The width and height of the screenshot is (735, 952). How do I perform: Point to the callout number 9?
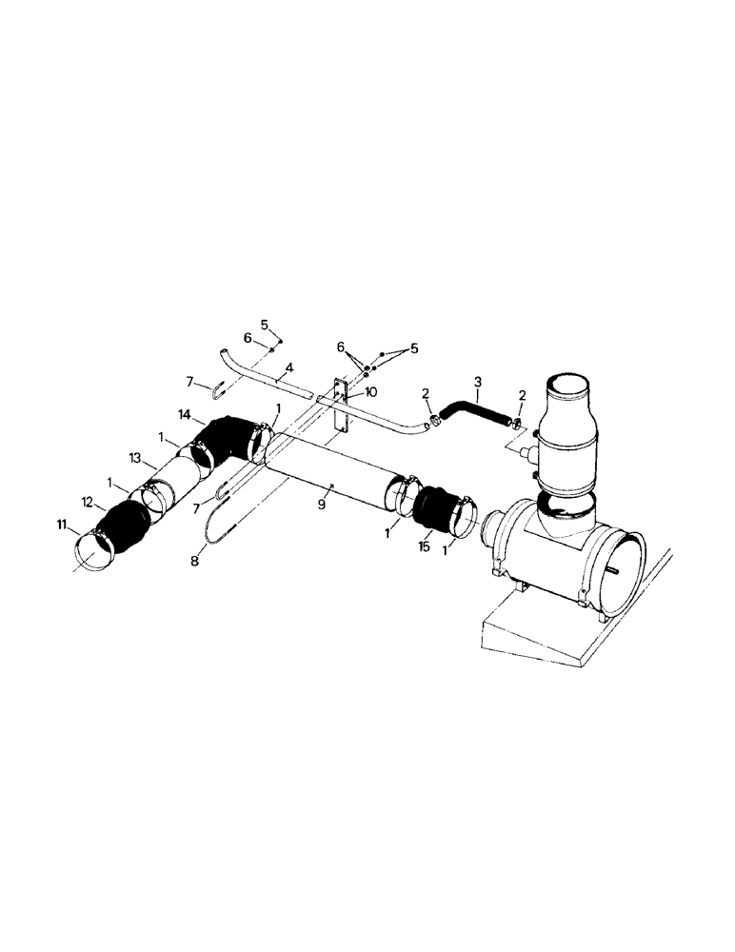[322, 505]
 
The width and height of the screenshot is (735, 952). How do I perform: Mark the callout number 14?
[186, 416]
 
